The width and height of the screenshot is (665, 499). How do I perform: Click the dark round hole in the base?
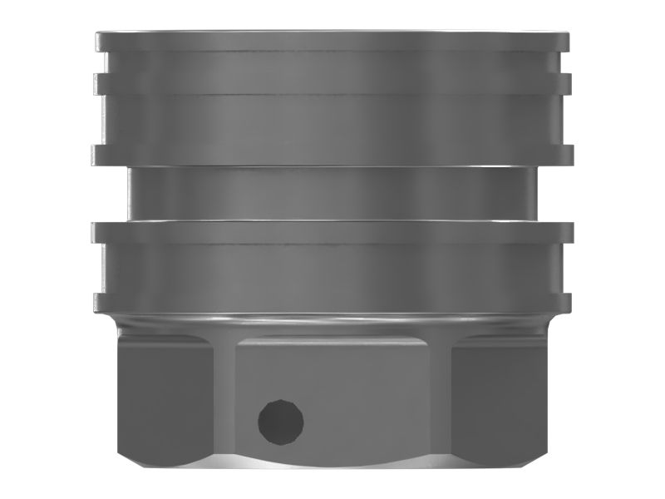pyautogui.click(x=280, y=421)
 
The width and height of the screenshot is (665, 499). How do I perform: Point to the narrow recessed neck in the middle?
pyautogui.click(x=332, y=193)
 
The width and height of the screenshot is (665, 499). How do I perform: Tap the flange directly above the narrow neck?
pyautogui.click(x=332, y=155)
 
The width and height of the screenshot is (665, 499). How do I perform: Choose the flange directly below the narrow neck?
pyautogui.click(x=332, y=232)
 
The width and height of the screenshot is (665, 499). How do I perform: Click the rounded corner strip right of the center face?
pyautogui.click(x=440, y=399)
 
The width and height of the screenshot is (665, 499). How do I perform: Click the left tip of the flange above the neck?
pyautogui.click(x=98, y=155)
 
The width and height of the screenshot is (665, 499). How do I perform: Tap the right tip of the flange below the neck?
pyautogui.click(x=567, y=232)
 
